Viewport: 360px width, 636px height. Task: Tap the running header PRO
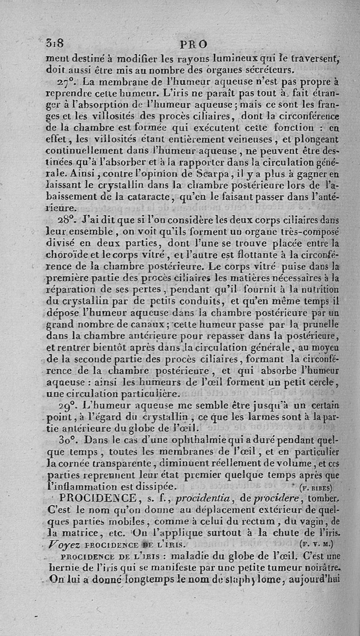(x=193, y=45)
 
